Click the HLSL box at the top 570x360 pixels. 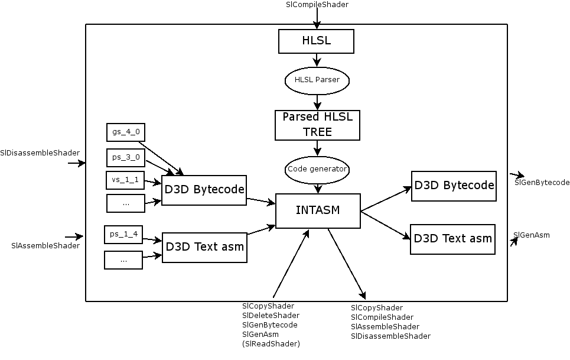(317, 41)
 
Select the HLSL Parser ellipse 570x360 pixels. (317, 80)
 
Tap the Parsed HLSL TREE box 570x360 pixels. (317, 125)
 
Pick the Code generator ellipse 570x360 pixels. (317, 169)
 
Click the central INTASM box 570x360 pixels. (318, 210)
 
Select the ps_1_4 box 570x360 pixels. (123, 234)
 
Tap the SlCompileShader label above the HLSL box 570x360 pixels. (317, 5)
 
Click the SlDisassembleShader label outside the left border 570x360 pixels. (40, 153)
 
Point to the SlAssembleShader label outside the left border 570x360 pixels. (45, 245)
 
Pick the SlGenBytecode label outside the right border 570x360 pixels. (542, 183)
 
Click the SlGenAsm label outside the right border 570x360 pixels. (532, 235)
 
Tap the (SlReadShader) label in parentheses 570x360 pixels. (271, 344)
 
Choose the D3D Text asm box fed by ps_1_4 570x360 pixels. (204, 247)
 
